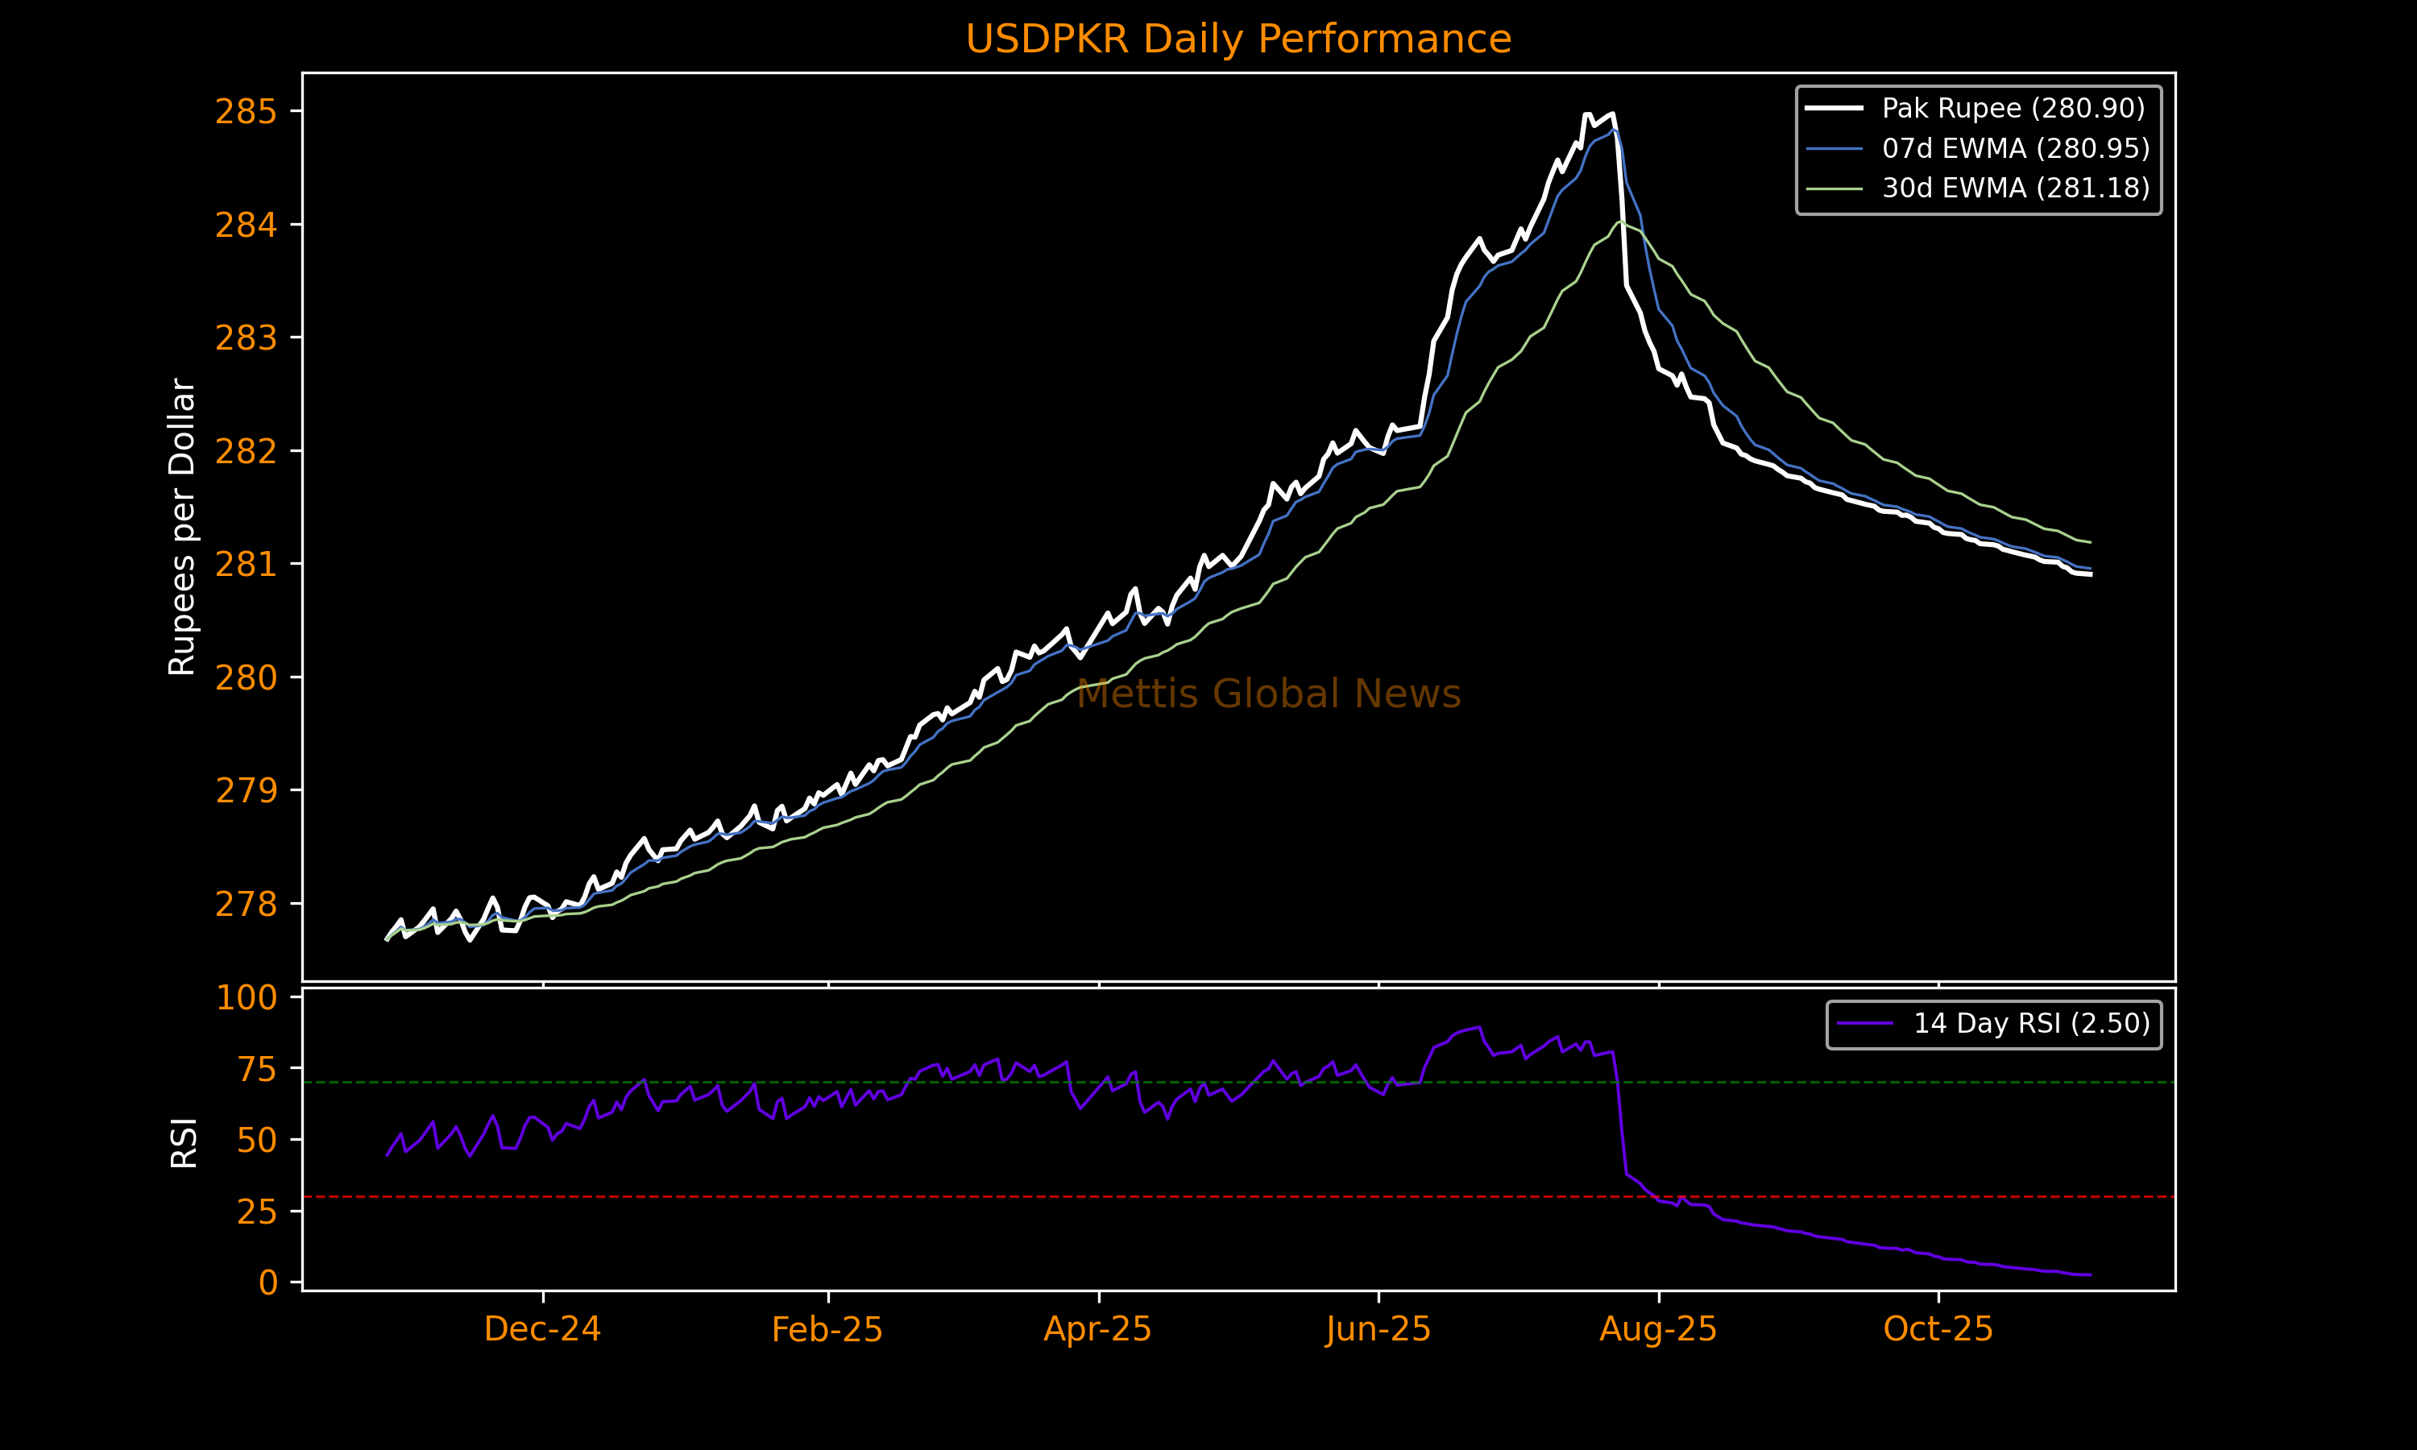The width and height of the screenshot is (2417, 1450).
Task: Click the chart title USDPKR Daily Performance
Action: coord(1238,39)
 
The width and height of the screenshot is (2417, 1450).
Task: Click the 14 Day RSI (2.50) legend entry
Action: coord(2031,1023)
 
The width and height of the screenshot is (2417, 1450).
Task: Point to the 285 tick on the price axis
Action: coord(247,112)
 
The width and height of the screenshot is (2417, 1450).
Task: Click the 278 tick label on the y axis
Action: coord(247,904)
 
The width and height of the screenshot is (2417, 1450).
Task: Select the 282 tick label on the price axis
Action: coord(247,451)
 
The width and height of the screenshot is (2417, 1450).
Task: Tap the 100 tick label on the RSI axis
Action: coord(247,997)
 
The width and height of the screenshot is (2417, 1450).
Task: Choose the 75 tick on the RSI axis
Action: coord(257,1069)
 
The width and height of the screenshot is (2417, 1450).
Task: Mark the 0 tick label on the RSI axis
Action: coord(267,1282)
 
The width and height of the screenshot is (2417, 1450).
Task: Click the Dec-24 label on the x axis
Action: coord(542,1329)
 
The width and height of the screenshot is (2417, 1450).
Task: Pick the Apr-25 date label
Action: coord(1098,1329)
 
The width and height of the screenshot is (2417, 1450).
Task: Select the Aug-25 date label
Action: coord(1658,1329)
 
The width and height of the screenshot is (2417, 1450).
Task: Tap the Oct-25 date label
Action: coord(1938,1329)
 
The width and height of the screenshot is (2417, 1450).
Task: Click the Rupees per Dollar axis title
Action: coord(183,527)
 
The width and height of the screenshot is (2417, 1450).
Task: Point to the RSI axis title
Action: coord(184,1142)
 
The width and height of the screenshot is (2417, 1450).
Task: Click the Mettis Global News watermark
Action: coord(1268,694)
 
